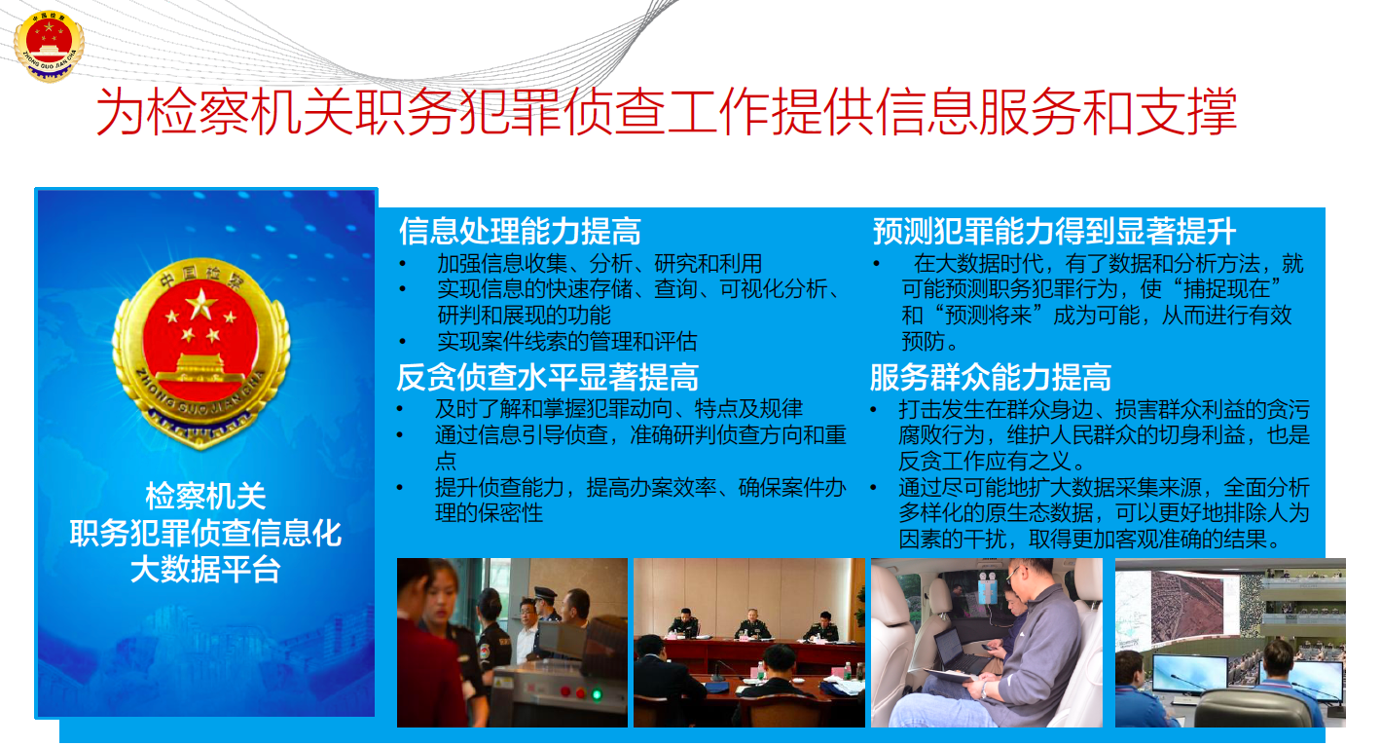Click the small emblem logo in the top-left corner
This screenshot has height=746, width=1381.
click(x=49, y=45)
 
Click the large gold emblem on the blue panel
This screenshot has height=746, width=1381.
click(x=200, y=353)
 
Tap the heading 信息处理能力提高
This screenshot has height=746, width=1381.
click(x=520, y=232)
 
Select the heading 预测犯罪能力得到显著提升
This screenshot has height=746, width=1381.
click(x=1054, y=232)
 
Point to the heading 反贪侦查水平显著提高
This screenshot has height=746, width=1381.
click(x=547, y=377)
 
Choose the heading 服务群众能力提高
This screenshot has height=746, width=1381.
click(x=990, y=377)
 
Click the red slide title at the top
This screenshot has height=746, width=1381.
click(x=667, y=111)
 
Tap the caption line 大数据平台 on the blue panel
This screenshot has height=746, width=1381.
click(x=205, y=569)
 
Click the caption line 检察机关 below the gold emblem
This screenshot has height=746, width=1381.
click(x=205, y=496)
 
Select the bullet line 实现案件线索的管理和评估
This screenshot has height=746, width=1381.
click(x=567, y=341)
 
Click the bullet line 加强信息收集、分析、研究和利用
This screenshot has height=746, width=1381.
click(x=600, y=264)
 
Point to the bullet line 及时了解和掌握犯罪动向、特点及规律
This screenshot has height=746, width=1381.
click(x=618, y=408)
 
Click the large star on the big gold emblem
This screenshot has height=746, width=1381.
click(x=201, y=304)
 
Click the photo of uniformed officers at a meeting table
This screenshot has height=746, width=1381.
click(x=749, y=643)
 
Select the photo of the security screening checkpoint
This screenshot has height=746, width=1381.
click(x=512, y=643)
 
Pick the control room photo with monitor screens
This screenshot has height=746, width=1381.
click(x=1230, y=643)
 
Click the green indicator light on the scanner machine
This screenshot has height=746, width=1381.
click(x=597, y=694)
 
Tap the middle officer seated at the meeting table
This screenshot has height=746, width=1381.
click(x=751, y=624)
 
